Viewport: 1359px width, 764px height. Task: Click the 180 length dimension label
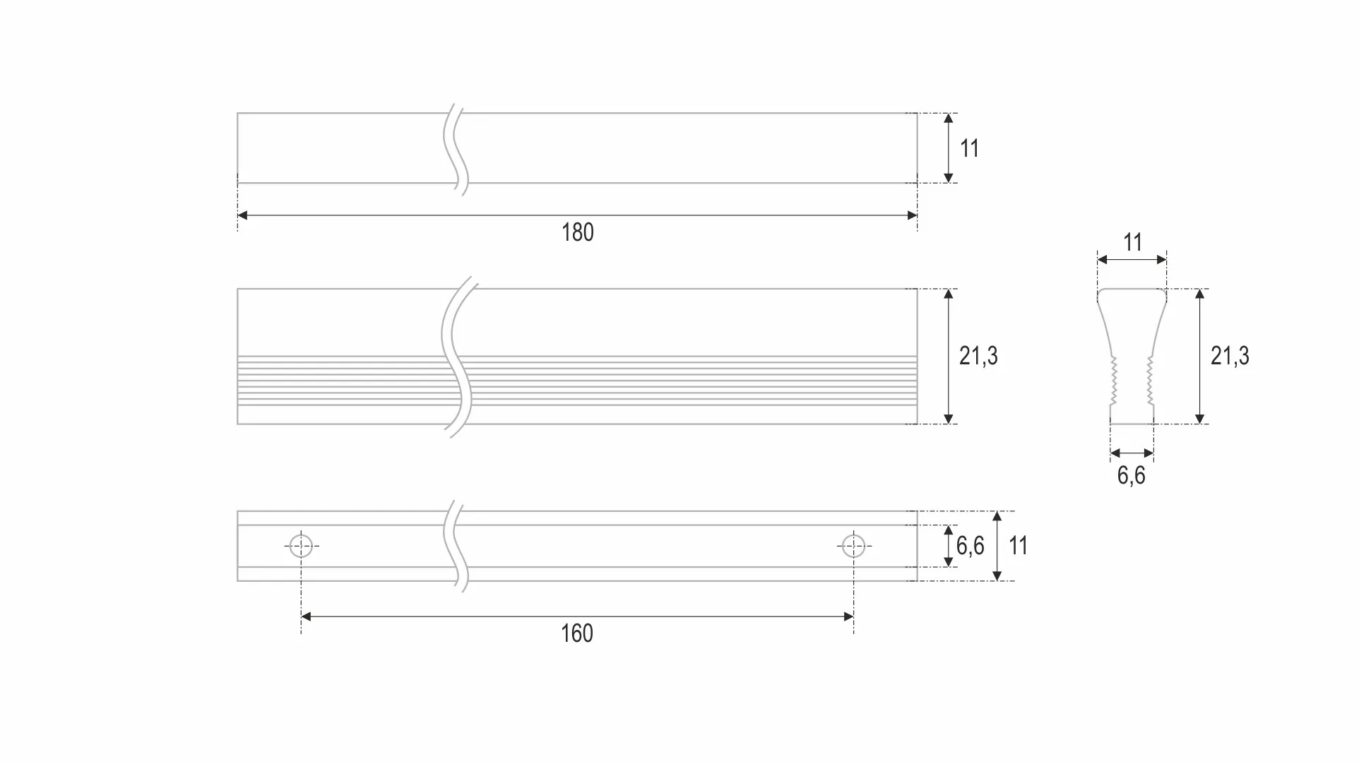pyautogui.click(x=578, y=232)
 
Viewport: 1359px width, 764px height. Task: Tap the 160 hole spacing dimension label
pyautogui.click(x=577, y=633)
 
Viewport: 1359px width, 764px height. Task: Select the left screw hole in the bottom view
pyautogui.click(x=301, y=546)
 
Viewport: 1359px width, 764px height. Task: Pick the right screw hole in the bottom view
pyautogui.click(x=853, y=546)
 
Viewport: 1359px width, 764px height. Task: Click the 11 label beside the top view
pyautogui.click(x=969, y=148)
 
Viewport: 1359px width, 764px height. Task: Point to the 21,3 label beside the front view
pyautogui.click(x=978, y=356)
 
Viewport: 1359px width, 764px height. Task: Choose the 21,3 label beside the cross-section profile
pyautogui.click(x=1230, y=356)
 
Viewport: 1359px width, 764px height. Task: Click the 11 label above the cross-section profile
pyautogui.click(x=1133, y=242)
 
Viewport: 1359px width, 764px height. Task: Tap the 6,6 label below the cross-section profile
pyautogui.click(x=1132, y=475)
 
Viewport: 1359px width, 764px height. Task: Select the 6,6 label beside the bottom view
pyautogui.click(x=971, y=546)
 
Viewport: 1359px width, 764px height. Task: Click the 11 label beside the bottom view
pyautogui.click(x=1018, y=546)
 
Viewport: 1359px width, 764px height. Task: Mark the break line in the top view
pyautogui.click(x=456, y=150)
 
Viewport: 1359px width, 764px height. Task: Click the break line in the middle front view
pyautogui.click(x=457, y=357)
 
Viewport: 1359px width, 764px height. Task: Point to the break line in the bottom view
pyautogui.click(x=456, y=547)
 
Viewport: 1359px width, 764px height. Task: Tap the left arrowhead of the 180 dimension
pyautogui.click(x=242, y=215)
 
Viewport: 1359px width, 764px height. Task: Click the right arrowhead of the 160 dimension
pyautogui.click(x=849, y=616)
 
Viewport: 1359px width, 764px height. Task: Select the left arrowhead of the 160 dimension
pyautogui.click(x=306, y=616)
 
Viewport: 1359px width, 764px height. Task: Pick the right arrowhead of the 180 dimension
pyautogui.click(x=912, y=215)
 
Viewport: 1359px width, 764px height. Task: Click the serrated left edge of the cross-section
pyautogui.click(x=1114, y=381)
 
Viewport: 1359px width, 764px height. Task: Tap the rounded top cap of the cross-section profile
pyautogui.click(x=1132, y=290)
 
